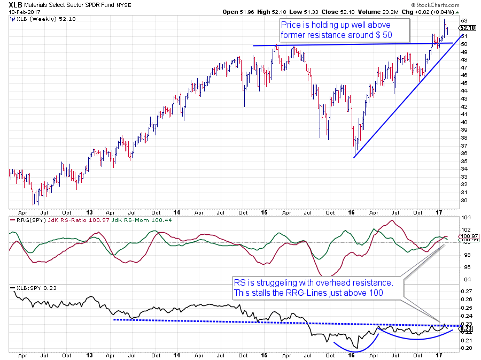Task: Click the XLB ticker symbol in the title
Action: [x=15, y=4]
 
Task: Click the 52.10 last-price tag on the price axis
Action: [x=467, y=28]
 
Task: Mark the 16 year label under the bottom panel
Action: [x=351, y=354]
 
